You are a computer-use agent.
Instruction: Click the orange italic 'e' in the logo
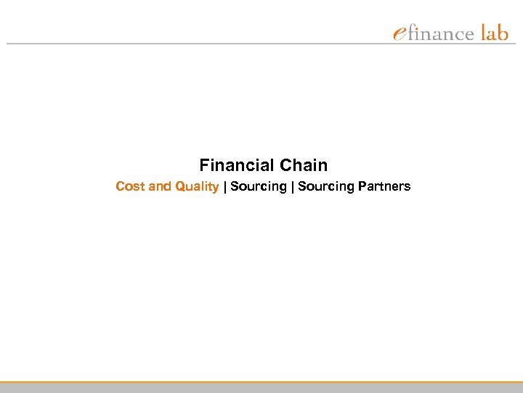point(400,33)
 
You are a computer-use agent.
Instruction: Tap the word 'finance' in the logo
point(441,33)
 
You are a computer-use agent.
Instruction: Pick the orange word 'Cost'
point(130,186)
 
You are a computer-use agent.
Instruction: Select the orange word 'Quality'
point(196,187)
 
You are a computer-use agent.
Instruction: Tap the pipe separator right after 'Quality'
point(224,187)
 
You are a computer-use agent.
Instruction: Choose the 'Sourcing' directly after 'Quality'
point(259,187)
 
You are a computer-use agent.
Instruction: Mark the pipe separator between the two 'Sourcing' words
point(292,187)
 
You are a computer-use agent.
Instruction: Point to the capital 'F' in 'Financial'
point(204,165)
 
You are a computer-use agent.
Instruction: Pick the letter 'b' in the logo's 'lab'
point(503,32)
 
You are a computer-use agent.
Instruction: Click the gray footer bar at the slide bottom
point(261,388)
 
